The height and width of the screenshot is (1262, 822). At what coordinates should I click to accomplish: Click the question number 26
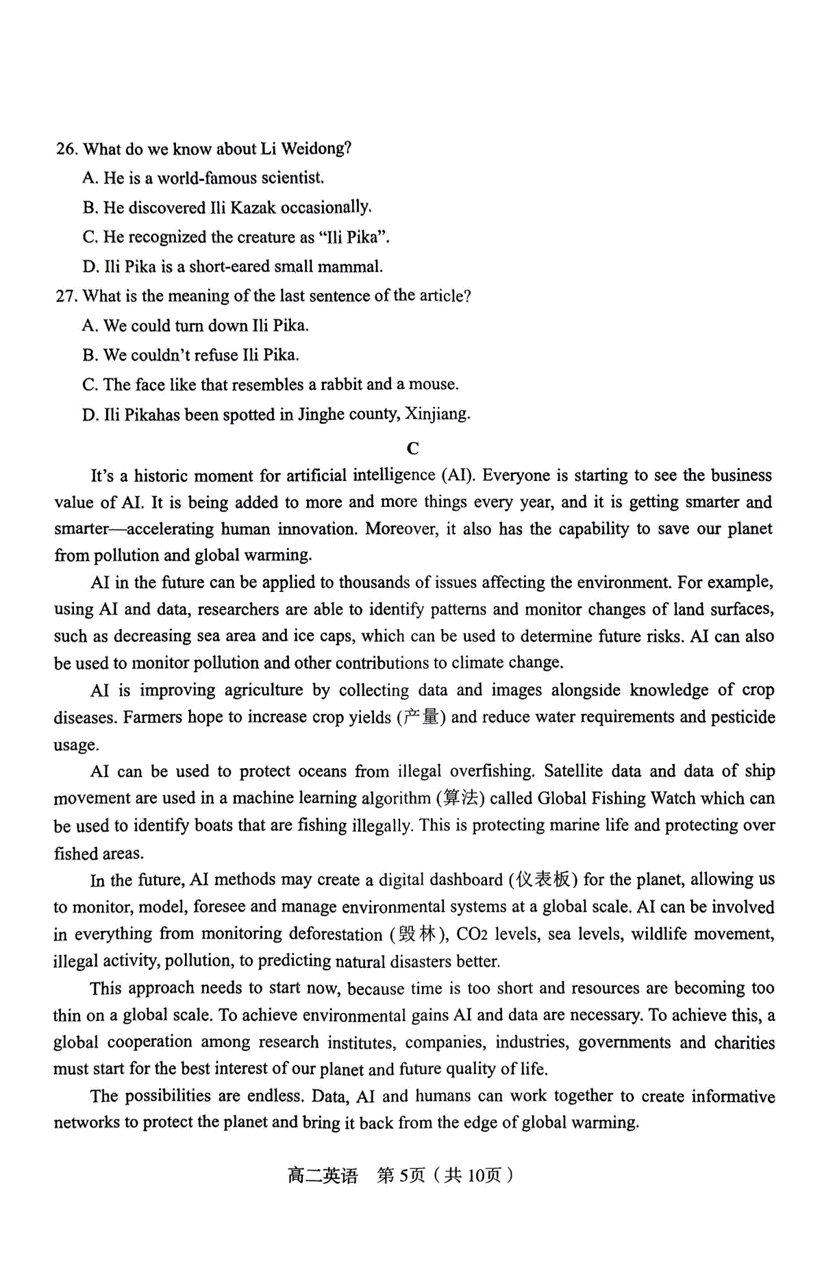(x=66, y=149)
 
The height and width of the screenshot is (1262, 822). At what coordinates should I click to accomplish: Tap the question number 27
(x=66, y=296)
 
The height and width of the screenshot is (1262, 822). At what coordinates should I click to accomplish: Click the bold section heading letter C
(x=412, y=448)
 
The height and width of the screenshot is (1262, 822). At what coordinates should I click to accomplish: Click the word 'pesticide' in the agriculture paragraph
(x=743, y=717)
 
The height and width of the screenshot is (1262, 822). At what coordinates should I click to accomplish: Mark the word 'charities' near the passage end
(x=744, y=1043)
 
